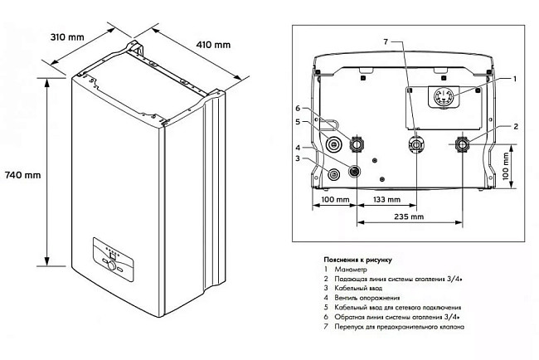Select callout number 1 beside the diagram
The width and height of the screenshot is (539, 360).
pyautogui.click(x=514, y=78)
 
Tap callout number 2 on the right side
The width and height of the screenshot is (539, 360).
pyautogui.click(x=515, y=126)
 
